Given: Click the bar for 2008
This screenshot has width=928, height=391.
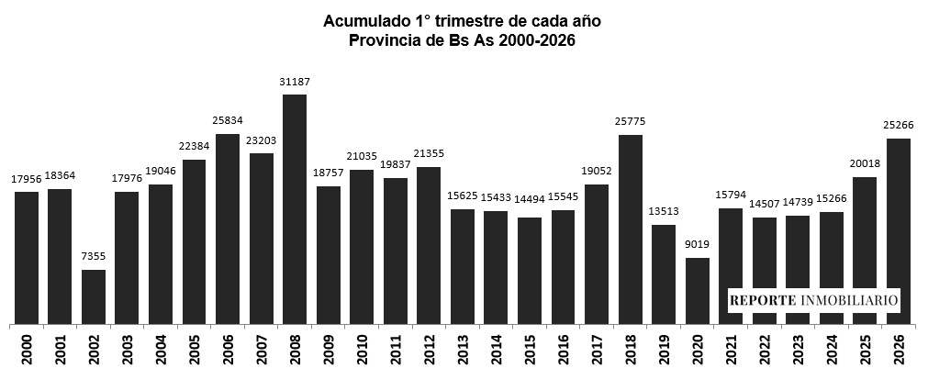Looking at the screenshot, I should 294,209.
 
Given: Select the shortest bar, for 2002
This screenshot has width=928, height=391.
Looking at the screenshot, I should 93,296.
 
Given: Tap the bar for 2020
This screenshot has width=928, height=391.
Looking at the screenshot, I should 698,290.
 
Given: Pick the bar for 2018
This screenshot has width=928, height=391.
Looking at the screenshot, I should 631,229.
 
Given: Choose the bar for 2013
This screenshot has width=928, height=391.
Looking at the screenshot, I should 463,266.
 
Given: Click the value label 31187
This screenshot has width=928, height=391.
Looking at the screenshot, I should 294,83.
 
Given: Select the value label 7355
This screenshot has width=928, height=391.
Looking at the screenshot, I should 93,258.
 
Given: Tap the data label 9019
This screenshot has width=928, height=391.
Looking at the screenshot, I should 698,246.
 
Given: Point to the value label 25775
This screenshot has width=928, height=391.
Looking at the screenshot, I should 631,123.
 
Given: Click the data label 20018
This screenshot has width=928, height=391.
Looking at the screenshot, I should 865,165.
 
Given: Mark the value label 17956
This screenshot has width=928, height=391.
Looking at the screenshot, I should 27,180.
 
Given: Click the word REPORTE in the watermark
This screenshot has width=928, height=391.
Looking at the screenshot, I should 764,300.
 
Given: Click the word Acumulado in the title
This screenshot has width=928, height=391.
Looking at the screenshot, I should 363,20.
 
